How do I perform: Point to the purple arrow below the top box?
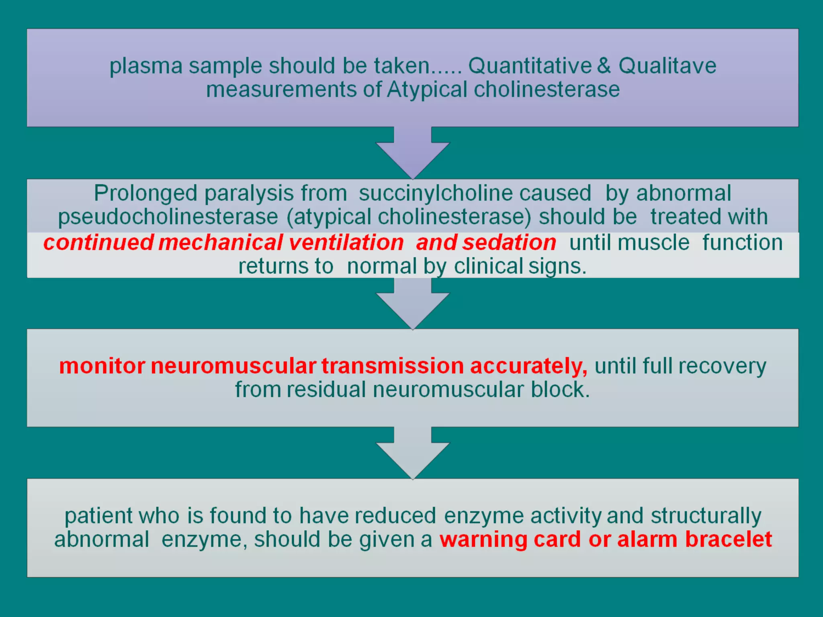[413, 155]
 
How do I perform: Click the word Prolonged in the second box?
[145, 194]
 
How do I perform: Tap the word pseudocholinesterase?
[168, 217]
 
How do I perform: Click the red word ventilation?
[346, 243]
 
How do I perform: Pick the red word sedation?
[509, 243]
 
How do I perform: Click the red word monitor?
[102, 366]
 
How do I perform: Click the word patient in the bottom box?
[98, 516]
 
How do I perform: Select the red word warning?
[483, 540]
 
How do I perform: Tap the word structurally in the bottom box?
[706, 516]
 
